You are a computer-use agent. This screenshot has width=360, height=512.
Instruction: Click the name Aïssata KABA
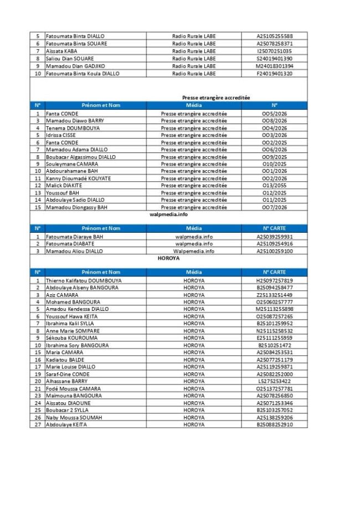(61, 51)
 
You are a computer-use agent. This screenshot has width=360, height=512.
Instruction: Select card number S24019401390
(274, 58)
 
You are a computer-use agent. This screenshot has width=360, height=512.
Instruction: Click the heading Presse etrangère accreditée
(216, 98)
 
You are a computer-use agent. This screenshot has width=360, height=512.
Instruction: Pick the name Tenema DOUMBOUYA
(69, 128)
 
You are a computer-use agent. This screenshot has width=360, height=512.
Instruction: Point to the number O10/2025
(274, 164)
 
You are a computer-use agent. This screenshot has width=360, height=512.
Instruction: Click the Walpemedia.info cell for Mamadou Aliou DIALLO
(194, 251)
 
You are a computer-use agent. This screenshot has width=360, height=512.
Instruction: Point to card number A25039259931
(274, 237)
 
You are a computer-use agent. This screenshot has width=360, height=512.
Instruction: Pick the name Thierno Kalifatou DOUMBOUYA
(84, 280)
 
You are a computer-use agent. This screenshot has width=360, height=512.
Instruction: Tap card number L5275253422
(274, 381)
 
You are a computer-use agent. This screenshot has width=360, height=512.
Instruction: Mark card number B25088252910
(274, 424)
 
